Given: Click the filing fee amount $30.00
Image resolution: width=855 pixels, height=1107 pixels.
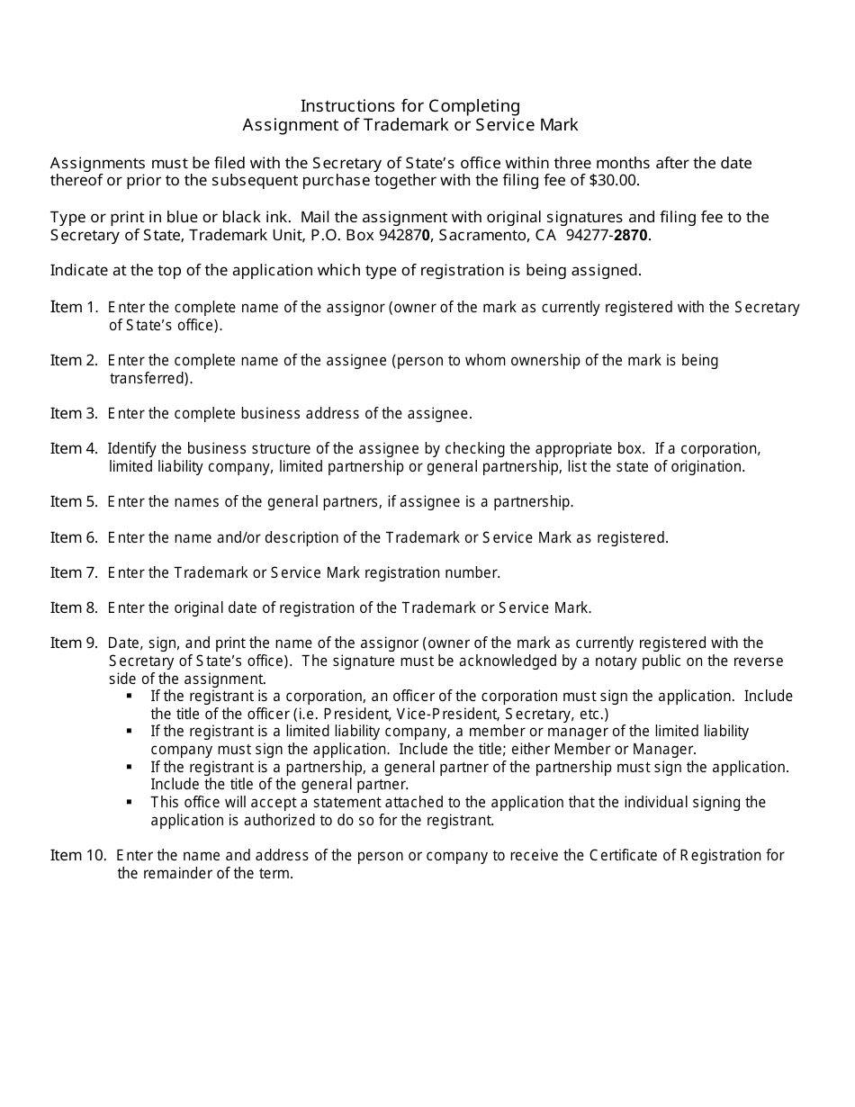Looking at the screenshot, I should (615, 180).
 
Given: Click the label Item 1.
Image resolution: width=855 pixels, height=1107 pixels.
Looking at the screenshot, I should (74, 307).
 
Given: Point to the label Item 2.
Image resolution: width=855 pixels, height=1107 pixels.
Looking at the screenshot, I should (74, 360).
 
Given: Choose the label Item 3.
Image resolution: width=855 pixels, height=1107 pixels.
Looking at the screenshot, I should (74, 413).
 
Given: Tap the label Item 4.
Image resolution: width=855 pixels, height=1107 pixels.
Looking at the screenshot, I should (74, 448).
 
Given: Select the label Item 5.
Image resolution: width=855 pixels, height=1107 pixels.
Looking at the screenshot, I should (74, 501).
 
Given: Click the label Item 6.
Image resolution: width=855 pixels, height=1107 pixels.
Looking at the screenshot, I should (74, 537).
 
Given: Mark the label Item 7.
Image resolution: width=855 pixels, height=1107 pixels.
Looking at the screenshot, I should (74, 572).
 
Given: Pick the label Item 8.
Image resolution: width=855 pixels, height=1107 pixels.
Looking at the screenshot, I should (74, 607).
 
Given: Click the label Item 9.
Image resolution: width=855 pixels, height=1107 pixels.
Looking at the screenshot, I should (74, 643).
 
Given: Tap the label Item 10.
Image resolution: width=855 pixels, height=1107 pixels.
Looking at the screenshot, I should (78, 855).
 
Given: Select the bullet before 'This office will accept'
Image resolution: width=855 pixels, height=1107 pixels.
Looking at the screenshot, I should (130, 801).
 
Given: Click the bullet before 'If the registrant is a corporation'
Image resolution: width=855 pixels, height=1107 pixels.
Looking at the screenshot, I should (130, 696).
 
